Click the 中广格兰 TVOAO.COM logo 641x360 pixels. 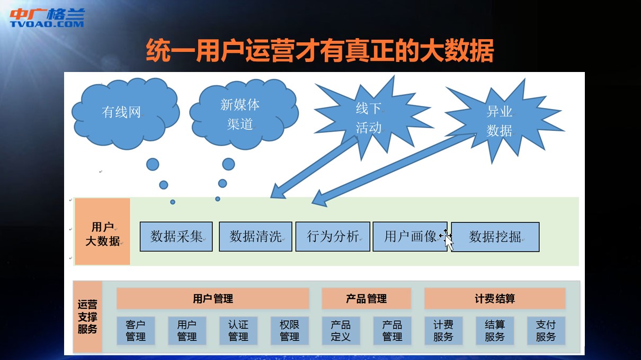coord(47,17)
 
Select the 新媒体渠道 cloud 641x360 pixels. coord(244,114)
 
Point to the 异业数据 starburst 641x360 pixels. coord(504,120)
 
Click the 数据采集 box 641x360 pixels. coord(176,237)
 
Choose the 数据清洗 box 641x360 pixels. coord(255,237)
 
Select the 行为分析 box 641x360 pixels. coord(333,237)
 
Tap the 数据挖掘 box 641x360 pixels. coord(495,237)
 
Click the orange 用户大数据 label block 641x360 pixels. coord(102,231)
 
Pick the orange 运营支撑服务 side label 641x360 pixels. coord(87,317)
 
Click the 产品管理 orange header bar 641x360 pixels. coord(366,299)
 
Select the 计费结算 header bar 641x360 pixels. coord(495,299)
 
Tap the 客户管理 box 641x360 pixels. coord(136,330)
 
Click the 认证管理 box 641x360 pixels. coord(238,330)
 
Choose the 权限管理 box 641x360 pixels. coord(290,330)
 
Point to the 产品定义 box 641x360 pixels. coord(341,330)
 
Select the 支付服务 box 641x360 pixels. coord(546,330)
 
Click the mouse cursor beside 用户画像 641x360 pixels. coord(448,242)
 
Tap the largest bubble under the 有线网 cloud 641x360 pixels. coord(153,165)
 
